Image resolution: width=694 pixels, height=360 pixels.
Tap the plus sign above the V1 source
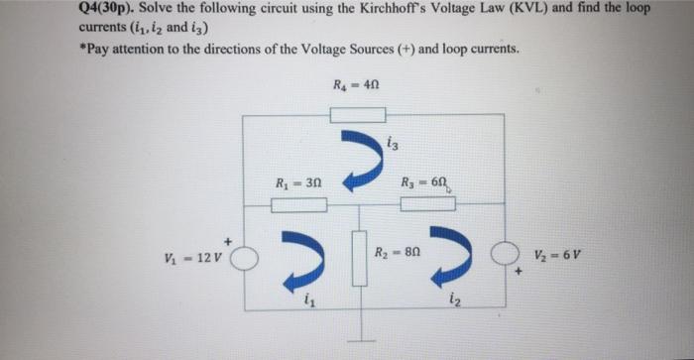(229, 240)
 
